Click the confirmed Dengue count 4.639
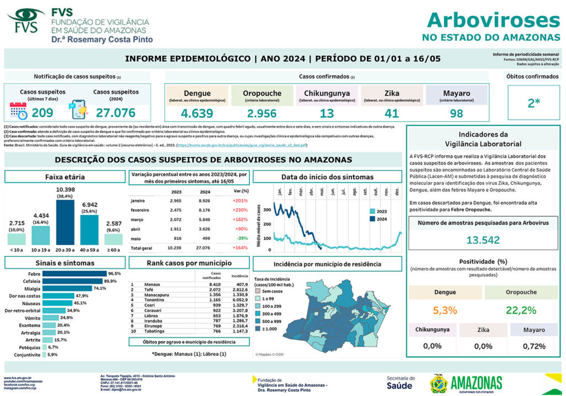(x=197, y=114)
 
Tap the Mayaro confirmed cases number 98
(x=456, y=114)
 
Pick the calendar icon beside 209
(x=18, y=111)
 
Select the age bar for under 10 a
(x=17, y=239)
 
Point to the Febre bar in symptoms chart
(x=75, y=273)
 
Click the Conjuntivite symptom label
(x=28, y=355)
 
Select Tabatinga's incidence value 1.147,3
(x=239, y=331)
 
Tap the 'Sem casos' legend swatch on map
(x=258, y=291)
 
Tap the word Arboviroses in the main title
(x=493, y=20)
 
